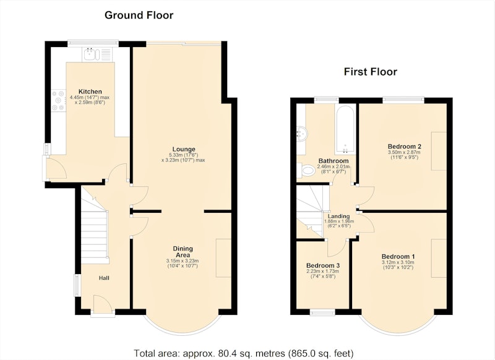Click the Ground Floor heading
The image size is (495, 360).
click(x=139, y=15)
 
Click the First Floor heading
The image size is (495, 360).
click(x=370, y=72)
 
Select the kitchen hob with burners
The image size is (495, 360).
click(x=59, y=100)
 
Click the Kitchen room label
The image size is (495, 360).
click(x=90, y=92)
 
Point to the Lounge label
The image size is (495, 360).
click(x=184, y=149)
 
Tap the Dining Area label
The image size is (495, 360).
click(x=183, y=252)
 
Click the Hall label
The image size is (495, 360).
click(x=104, y=278)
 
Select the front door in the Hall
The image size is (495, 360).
click(x=103, y=304)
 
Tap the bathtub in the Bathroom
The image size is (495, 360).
click(x=345, y=129)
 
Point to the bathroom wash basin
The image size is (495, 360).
click(x=302, y=134)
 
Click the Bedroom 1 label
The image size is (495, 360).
click(x=398, y=257)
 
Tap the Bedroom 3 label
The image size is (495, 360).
click(x=323, y=265)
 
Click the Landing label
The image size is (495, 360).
click(x=338, y=216)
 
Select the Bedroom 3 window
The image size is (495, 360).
click(x=322, y=312)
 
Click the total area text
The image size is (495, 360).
click(x=244, y=353)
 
